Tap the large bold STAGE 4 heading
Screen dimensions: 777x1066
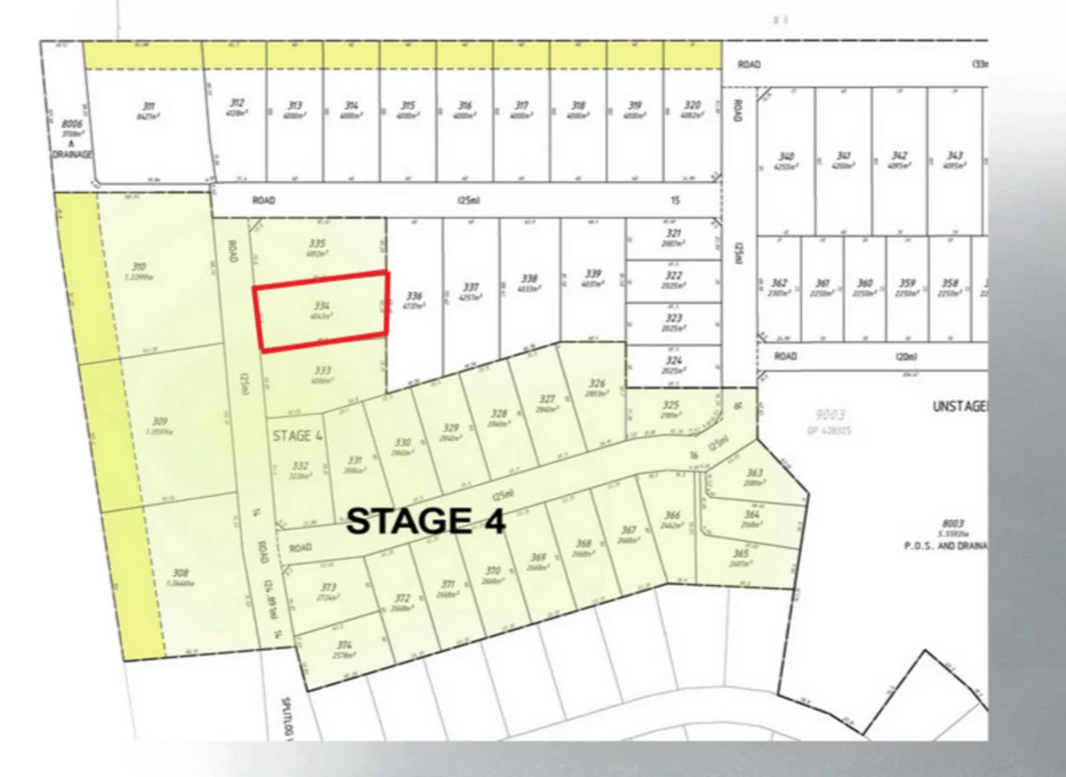(426, 521)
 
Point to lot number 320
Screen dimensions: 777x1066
(692, 106)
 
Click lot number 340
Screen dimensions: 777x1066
(785, 155)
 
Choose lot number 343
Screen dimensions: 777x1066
(955, 155)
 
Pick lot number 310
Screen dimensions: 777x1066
(139, 266)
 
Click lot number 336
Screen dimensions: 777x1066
(413, 296)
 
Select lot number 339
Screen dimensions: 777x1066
(593, 274)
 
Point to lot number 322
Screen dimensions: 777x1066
(674, 275)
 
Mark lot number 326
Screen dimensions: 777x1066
(597, 385)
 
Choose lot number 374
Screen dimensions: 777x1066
(345, 646)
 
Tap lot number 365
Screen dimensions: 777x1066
(741, 553)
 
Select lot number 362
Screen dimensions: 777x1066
(779, 284)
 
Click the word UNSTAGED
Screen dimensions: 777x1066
(960, 406)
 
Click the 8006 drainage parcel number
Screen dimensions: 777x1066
(73, 124)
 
